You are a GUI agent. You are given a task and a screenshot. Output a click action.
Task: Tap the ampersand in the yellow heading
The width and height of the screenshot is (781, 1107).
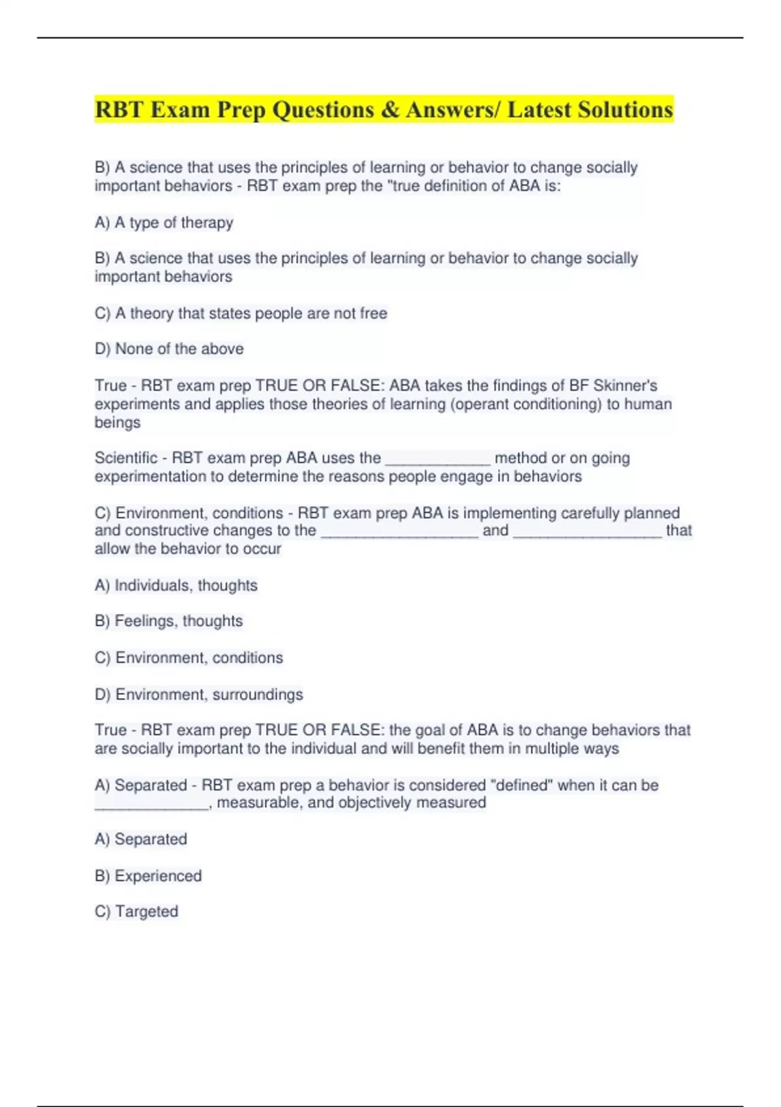pyautogui.click(x=390, y=109)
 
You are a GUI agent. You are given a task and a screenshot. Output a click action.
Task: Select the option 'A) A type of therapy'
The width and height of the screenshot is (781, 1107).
pyautogui.click(x=164, y=223)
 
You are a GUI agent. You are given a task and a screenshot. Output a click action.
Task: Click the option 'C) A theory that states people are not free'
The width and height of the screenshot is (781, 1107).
pyautogui.click(x=241, y=313)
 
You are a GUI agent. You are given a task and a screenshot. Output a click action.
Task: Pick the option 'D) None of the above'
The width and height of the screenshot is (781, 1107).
pyautogui.click(x=169, y=349)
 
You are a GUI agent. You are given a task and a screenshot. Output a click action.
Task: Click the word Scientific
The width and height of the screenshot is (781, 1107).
pyautogui.click(x=126, y=458)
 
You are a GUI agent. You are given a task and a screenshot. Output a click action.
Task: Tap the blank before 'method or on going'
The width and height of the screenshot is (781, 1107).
pyautogui.click(x=437, y=459)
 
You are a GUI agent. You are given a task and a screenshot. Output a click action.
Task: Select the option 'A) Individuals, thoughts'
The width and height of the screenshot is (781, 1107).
pyautogui.click(x=176, y=585)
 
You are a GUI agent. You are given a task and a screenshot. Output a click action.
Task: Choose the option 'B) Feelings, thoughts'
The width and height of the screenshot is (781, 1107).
pyautogui.click(x=169, y=621)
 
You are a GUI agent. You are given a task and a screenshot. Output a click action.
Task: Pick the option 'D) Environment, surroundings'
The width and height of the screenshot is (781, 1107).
pyautogui.click(x=199, y=694)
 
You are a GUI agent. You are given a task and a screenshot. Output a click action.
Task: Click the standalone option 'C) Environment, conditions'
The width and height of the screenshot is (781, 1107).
pyautogui.click(x=189, y=658)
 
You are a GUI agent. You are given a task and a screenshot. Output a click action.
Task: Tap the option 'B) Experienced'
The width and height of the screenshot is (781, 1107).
pyautogui.click(x=148, y=876)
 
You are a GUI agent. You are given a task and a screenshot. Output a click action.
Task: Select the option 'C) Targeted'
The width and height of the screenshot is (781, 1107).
pyautogui.click(x=136, y=912)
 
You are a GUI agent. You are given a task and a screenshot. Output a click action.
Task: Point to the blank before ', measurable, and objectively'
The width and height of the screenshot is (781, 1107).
pyautogui.click(x=151, y=804)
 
